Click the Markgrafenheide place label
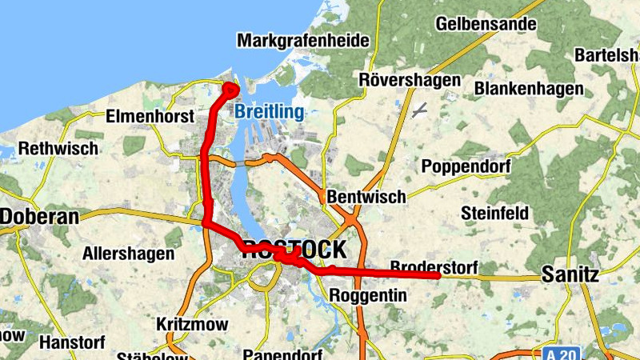point(303,40)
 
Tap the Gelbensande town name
point(486,23)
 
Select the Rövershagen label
point(410,80)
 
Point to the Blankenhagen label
point(529,88)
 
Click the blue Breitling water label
point(269,112)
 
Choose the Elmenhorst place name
point(150,117)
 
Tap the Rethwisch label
point(58,148)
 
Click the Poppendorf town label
point(470,166)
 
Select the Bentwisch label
point(366,196)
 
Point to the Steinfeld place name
point(494,214)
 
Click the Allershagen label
point(128,254)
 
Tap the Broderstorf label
point(433,266)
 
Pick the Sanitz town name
point(570,274)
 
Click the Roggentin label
point(368,296)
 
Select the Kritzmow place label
point(192,324)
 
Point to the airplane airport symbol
point(419,110)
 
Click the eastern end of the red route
point(437,275)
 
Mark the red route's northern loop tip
point(230,86)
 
